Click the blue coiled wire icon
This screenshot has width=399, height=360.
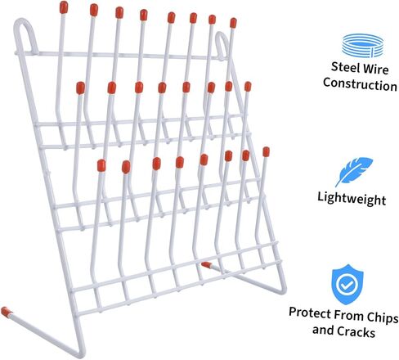362,45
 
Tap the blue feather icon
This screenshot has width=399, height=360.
353,171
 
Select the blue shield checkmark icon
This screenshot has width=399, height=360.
347,284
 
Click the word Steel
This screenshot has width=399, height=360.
345,67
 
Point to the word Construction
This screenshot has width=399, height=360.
360,84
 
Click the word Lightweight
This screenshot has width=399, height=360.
352,198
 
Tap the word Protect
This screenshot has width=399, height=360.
311,313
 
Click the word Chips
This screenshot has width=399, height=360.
383,317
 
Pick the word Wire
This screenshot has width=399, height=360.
375,69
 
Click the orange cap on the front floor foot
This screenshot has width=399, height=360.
6,312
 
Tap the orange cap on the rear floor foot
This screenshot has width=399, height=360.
206,264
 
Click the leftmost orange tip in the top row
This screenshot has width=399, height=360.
64,7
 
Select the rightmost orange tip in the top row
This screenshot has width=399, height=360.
233,23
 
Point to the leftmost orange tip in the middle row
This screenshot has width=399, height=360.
80,88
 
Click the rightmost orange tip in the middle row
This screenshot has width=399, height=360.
248,86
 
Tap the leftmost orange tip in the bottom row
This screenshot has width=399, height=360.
101,165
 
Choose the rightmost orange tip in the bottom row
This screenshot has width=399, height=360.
267,151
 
